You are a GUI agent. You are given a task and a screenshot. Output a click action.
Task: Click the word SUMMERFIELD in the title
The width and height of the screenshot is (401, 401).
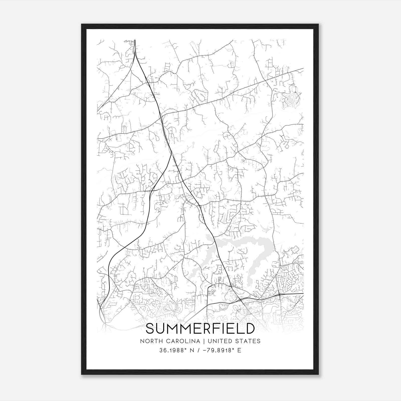pos(200,329)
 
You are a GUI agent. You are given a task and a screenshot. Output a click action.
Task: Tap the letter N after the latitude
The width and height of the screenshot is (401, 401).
pos(192,350)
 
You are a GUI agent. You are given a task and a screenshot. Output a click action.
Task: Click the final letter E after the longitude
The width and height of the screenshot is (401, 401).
pos(239,350)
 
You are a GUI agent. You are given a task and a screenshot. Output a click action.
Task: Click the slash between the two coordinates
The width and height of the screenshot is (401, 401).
pos(199,350)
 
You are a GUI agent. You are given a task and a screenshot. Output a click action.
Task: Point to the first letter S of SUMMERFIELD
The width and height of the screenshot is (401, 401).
pos(150,329)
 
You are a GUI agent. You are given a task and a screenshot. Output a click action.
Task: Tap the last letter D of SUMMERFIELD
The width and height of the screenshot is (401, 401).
pos(250,329)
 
